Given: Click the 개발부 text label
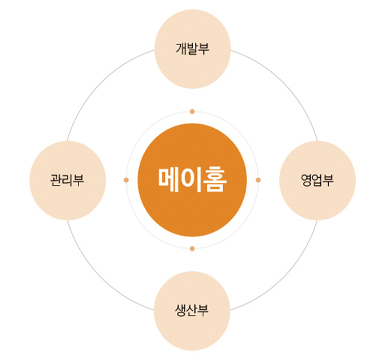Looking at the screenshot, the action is click(192, 48).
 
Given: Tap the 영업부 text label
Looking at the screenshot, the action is click(317, 180).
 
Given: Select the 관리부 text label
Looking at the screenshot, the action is click(67, 180).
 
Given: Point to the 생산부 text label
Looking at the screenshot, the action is click(192, 310).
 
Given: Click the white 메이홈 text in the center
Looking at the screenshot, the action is click(192, 180).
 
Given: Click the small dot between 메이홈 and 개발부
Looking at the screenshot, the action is click(192, 111).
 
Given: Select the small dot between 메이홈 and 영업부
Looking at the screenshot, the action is click(258, 180).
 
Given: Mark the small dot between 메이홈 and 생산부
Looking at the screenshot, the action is click(192, 249).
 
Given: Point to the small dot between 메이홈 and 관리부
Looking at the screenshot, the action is click(126, 180).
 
